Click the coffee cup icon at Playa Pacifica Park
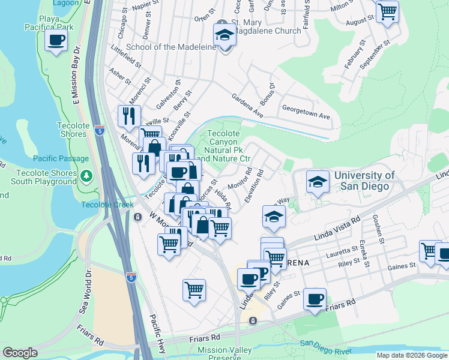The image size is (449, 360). pyautogui.click(x=56, y=41)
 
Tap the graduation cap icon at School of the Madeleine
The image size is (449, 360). pyautogui.click(x=224, y=35)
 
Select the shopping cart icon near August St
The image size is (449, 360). pyautogui.click(x=388, y=11)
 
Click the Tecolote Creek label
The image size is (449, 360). pyautogui.click(x=107, y=205)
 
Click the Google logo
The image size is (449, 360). pyautogui.click(x=20, y=353)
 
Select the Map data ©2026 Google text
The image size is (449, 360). pyautogui.click(x=411, y=355)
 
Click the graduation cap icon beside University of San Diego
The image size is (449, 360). pyautogui.click(x=318, y=182)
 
